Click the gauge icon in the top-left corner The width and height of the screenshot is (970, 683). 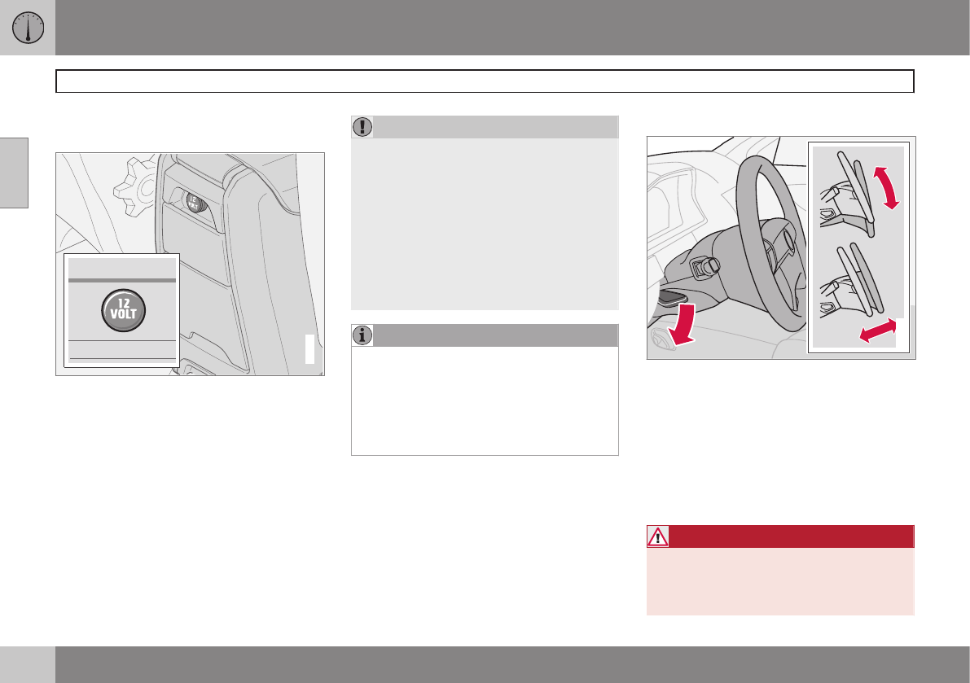28,28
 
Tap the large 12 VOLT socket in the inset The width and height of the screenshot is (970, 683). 124,310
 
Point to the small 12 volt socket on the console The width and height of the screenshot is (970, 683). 195,203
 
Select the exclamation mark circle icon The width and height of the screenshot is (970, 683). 362,127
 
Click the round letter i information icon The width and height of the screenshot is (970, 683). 362,335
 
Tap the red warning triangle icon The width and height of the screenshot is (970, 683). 657,536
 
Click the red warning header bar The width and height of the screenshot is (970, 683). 780,536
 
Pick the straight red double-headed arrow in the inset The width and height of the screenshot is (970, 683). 878,330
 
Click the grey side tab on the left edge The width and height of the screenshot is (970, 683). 14,173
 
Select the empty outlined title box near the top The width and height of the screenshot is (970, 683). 485,81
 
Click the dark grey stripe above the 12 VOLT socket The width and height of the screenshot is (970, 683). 122,280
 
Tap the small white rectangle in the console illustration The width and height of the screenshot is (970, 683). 310,349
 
